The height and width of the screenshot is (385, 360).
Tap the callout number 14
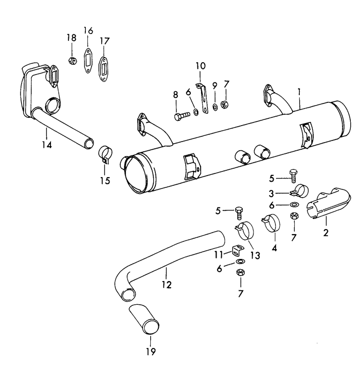[47, 146]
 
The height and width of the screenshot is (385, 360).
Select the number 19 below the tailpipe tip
[151, 352]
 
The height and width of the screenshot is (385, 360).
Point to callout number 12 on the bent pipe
[167, 284]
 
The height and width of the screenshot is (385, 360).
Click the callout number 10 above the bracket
[200, 65]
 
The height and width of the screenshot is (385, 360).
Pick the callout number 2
[326, 233]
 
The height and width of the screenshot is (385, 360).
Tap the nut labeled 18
[72, 61]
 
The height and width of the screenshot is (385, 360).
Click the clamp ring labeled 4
[272, 222]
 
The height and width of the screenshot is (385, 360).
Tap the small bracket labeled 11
[237, 251]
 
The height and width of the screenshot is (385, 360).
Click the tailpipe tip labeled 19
[147, 319]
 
